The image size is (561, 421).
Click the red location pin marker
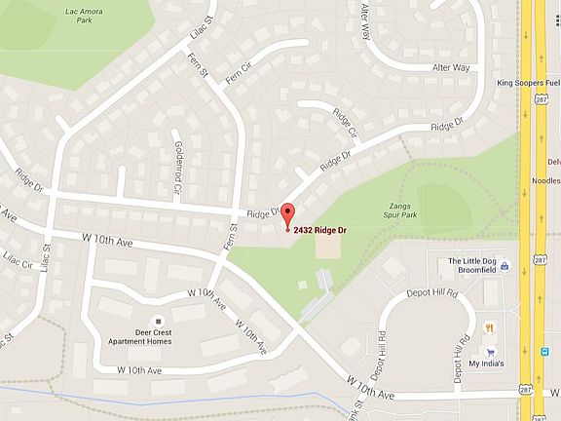[x=286, y=215]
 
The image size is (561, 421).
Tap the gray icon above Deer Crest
[x=159, y=321]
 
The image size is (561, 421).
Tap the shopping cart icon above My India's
[x=491, y=352]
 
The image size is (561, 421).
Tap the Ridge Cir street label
[x=346, y=125]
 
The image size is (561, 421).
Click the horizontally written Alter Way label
[x=451, y=67]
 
